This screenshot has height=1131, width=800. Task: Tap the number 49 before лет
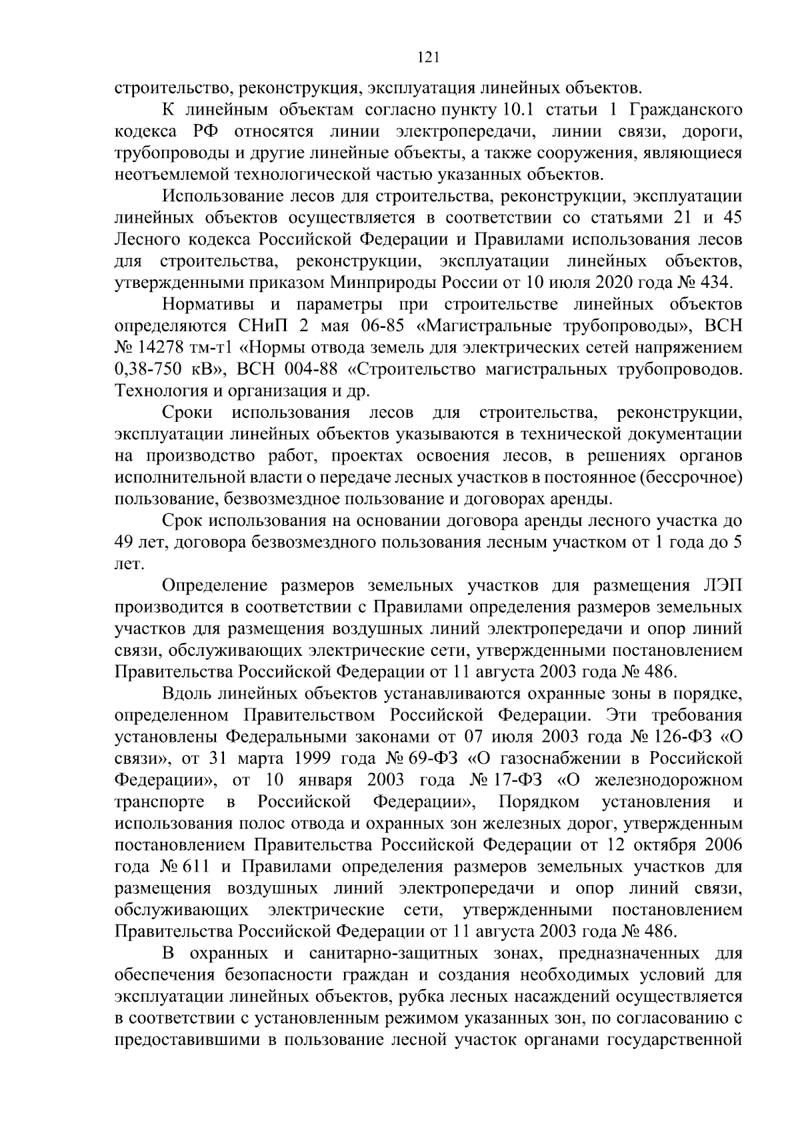coord(124,543)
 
